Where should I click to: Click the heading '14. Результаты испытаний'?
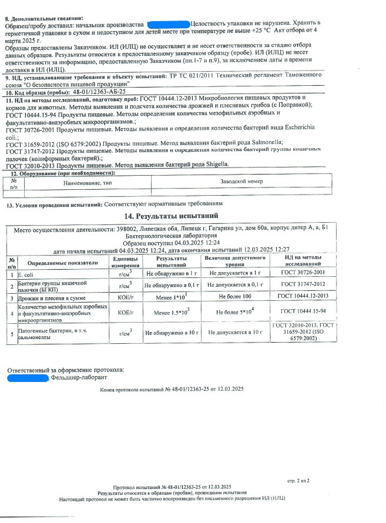pos(175,216)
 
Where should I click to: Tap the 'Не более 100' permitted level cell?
pos(234,296)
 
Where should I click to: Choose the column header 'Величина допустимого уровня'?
pos(234,261)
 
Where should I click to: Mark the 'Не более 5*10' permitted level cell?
pos(234,311)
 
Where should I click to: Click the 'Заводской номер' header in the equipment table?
pos(241,182)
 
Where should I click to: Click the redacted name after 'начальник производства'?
pos(169,24)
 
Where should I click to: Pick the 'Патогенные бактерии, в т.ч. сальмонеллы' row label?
pos(56,333)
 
